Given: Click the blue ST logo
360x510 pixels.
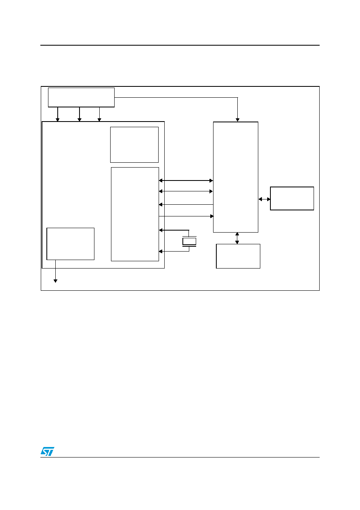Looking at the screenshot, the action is click(x=47, y=451).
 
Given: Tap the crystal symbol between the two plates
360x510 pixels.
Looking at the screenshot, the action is click(x=189, y=241).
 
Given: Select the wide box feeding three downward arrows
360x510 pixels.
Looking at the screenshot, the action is click(x=81, y=97).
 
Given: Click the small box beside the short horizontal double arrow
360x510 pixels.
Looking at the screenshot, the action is click(x=292, y=199).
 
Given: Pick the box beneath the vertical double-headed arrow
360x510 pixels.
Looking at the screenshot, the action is click(x=238, y=256).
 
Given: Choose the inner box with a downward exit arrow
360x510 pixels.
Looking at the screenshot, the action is click(x=70, y=244).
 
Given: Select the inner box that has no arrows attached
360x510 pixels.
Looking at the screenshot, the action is click(x=134, y=145).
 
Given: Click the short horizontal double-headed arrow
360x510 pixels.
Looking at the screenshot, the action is click(x=264, y=199).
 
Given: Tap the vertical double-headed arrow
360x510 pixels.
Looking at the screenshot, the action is click(x=237, y=238).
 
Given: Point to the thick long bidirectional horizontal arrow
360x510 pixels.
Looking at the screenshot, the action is click(x=186, y=180).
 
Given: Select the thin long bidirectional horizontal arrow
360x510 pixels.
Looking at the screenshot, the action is click(x=186, y=191).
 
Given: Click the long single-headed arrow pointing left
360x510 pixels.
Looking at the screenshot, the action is click(x=186, y=205).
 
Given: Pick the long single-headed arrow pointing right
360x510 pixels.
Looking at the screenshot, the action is click(x=186, y=216).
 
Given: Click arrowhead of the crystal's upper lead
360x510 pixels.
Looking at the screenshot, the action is click(x=161, y=230).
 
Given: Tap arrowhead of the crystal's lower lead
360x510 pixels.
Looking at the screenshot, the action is click(x=161, y=251).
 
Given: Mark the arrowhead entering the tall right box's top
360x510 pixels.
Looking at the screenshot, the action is click(x=238, y=120).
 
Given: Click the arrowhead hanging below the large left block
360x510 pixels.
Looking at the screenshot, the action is click(x=55, y=281).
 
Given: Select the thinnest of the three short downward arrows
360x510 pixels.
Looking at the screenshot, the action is click(x=99, y=114).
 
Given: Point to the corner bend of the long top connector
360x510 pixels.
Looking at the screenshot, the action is click(x=238, y=98).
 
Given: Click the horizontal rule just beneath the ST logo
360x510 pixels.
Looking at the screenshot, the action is click(x=180, y=457).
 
